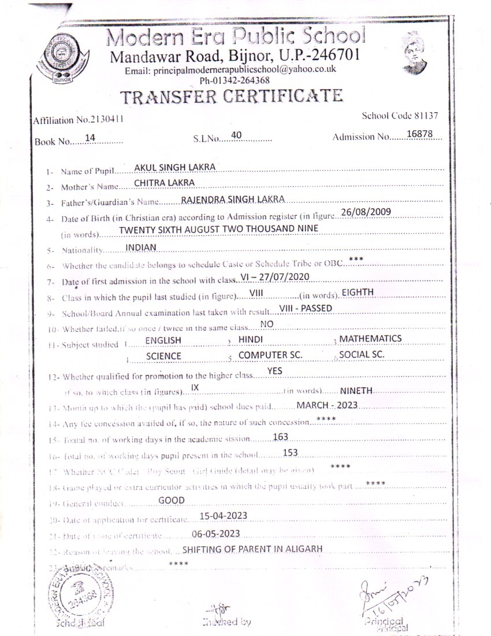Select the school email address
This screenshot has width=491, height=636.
coord(230,69)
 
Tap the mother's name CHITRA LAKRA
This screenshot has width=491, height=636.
coord(163,183)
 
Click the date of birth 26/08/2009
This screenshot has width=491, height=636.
coord(367,212)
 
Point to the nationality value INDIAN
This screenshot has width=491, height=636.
coord(141,246)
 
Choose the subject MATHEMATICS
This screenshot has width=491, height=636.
coord(370,338)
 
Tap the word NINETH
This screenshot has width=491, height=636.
coord(357,390)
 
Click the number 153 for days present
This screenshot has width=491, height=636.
coord(291,452)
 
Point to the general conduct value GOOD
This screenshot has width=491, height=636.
coord(172,500)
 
